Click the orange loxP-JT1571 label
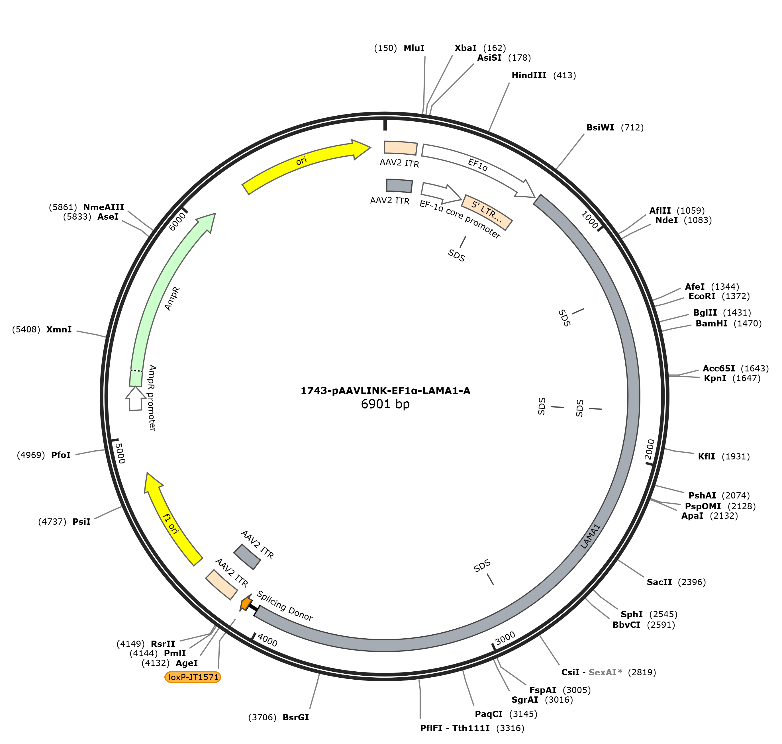[193, 677]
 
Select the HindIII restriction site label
[529, 75]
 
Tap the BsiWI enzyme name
[600, 127]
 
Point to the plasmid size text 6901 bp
[385, 404]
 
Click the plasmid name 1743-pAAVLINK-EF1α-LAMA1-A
[385, 391]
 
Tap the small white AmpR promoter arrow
[136, 398]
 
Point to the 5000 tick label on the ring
[120, 453]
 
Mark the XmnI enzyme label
[59, 330]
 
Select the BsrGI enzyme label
[295, 718]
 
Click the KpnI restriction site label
[715, 378]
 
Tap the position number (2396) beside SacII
[692, 582]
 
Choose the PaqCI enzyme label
[489, 714]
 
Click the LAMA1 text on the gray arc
[591, 536]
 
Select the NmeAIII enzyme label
[103, 207]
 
